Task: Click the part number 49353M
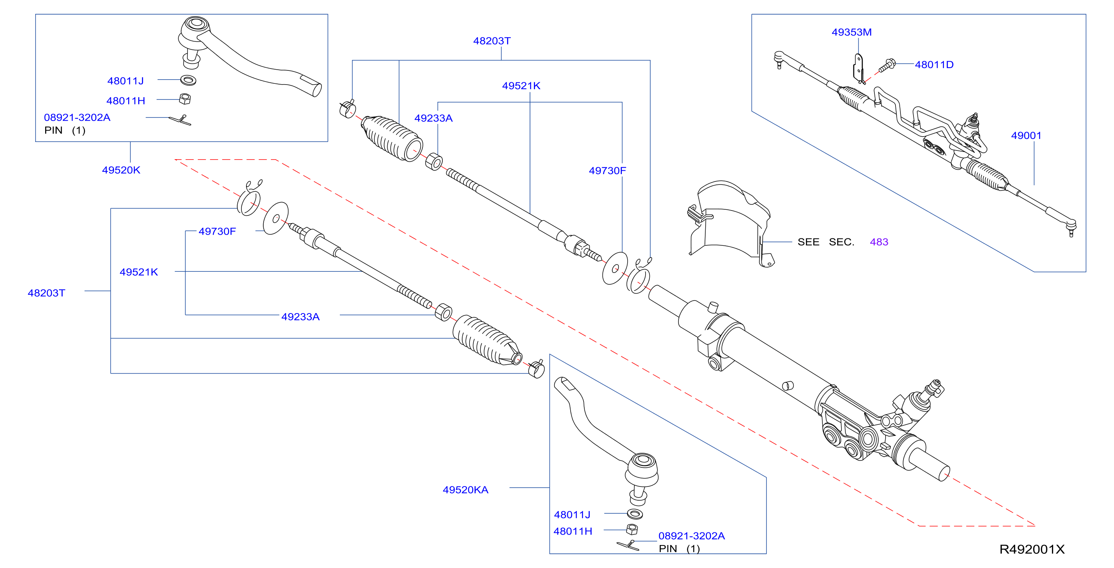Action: click(x=851, y=33)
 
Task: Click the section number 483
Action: click(x=879, y=242)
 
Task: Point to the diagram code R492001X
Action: click(x=1031, y=549)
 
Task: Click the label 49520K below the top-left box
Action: click(x=121, y=170)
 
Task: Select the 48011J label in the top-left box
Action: click(x=126, y=81)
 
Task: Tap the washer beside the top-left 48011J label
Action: click(x=188, y=80)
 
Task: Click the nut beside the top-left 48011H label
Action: click(x=185, y=99)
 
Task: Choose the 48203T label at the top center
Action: click(x=492, y=41)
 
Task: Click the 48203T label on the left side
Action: click(x=46, y=293)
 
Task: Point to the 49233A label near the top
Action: click(x=433, y=119)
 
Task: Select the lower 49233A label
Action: click(x=300, y=317)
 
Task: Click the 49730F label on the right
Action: click(x=607, y=171)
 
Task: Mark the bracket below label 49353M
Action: click(x=859, y=69)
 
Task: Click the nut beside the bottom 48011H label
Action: click(x=632, y=529)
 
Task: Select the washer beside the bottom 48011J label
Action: click(x=635, y=514)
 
